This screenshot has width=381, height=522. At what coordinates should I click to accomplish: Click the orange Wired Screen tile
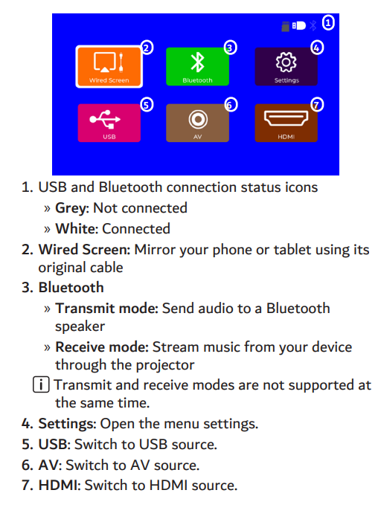109,67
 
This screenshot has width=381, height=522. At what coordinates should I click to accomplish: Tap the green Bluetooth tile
197,67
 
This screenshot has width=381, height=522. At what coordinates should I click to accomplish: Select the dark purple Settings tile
286,67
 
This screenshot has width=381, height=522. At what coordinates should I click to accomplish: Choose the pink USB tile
109,123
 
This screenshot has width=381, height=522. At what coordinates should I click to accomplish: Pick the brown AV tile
197,123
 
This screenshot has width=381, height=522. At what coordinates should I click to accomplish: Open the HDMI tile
286,123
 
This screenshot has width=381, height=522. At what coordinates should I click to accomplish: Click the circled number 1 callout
328,23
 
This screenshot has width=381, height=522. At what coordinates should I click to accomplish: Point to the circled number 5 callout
147,105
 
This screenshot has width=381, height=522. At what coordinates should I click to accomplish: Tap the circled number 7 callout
317,105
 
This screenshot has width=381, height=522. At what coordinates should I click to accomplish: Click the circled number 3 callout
230,48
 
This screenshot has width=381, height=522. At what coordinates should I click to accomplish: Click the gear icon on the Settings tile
286,62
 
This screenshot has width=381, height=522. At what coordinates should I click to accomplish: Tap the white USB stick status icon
298,25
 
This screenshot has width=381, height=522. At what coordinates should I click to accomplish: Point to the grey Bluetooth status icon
313,25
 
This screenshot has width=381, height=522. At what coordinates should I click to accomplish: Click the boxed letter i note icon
41,385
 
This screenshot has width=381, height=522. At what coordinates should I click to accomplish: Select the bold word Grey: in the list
72,208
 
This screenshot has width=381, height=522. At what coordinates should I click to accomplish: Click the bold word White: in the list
77,229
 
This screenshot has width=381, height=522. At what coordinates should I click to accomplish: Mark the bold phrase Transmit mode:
106,309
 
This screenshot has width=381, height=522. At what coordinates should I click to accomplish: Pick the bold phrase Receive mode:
102,347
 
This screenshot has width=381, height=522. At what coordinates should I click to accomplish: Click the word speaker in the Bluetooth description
80,327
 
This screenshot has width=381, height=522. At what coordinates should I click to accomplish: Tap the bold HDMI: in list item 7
60,486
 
